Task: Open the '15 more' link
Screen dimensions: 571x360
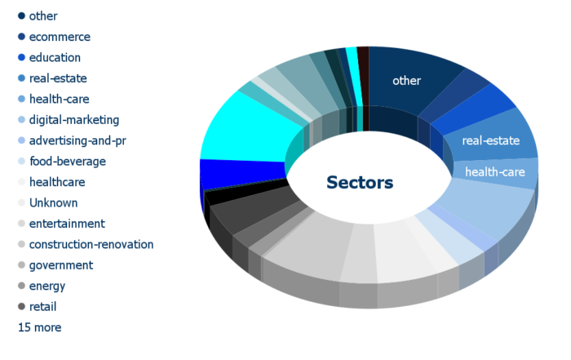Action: coord(40,327)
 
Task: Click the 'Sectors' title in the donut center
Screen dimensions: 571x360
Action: coord(360,183)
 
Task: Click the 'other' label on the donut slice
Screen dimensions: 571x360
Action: coord(406,81)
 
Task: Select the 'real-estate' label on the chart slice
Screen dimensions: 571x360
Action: coord(491,140)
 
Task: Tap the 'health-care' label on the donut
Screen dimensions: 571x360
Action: coord(495,172)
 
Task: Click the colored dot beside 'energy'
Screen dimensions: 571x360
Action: coord(21,286)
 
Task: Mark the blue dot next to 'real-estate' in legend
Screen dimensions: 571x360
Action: coord(21,78)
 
